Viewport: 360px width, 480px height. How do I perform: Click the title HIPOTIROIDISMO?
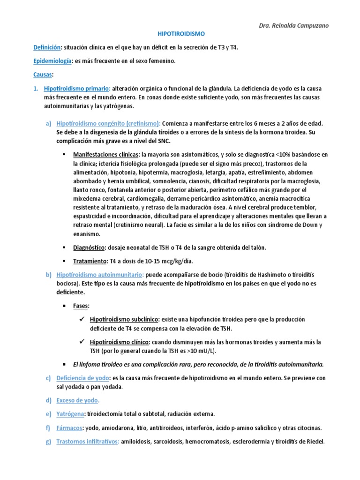click(180, 34)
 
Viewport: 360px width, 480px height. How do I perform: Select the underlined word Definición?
click(47, 48)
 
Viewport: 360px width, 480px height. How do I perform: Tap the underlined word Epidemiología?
click(52, 61)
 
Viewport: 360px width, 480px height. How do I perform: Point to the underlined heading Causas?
click(43, 75)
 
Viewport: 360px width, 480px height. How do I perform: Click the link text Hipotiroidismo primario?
click(76, 89)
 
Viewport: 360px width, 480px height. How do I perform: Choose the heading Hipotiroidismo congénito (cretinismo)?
click(108, 123)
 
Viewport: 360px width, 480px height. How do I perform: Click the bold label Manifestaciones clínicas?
click(106, 154)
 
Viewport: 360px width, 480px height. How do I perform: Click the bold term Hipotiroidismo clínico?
click(120, 342)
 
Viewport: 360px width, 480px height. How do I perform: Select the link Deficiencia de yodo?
click(82, 378)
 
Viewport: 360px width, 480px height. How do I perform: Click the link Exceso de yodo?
click(77, 400)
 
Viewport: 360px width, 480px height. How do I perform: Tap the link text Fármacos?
click(68, 428)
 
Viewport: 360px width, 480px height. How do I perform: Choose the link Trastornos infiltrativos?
click(88, 442)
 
